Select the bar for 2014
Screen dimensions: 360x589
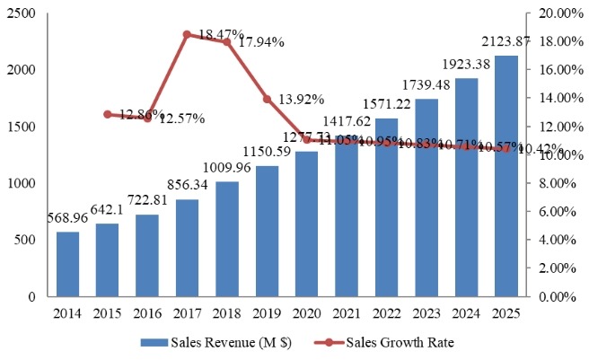pyautogui.click(x=67, y=264)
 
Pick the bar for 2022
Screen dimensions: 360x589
pyautogui.click(x=387, y=207)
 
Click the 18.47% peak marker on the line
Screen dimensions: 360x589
pyautogui.click(x=187, y=35)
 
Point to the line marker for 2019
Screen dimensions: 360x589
pyautogui.click(x=267, y=99)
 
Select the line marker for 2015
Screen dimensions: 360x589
pyautogui.click(x=108, y=114)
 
